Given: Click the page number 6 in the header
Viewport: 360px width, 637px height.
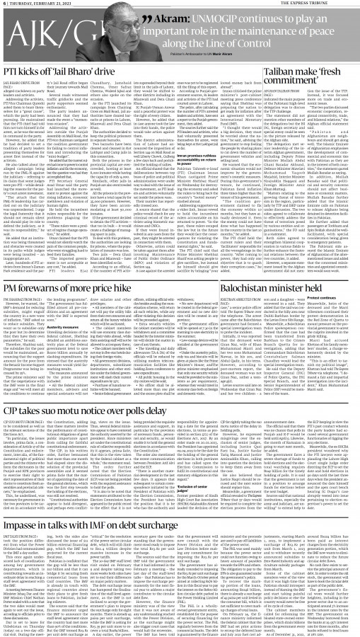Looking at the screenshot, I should click(x=4, y=4).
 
